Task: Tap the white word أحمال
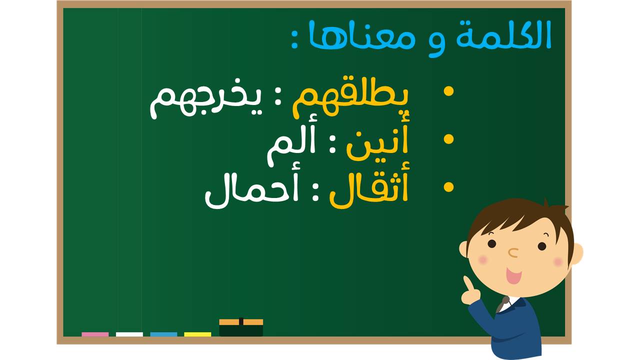point(251,190)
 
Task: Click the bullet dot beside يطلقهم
point(448,91)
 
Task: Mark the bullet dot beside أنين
point(448,139)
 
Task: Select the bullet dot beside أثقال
point(448,187)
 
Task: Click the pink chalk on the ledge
point(95,334)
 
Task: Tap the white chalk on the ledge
point(129,334)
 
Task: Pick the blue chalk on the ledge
point(163,334)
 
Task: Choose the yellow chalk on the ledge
point(197,334)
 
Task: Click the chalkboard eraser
point(241,327)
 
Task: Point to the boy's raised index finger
point(467,283)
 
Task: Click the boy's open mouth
point(513,275)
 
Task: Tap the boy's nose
point(513,253)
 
